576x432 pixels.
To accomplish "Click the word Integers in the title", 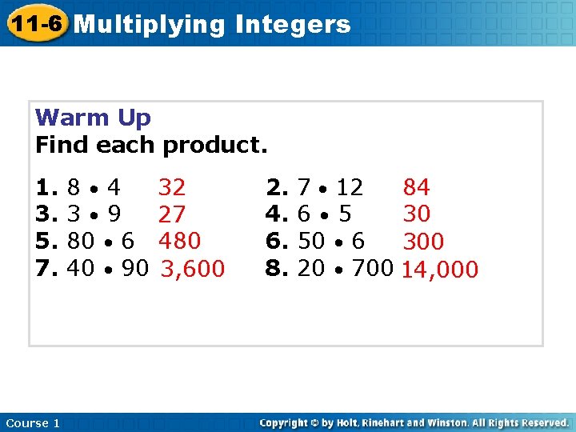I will [293, 25].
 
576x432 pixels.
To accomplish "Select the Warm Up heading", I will [93, 118].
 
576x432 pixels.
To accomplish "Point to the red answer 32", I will [172, 188].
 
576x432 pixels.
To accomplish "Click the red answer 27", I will [172, 214].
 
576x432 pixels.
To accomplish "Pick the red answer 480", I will [179, 241].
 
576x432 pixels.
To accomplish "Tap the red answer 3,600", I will [193, 269].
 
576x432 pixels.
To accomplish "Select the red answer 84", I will [416, 188].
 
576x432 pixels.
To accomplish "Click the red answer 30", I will [416, 214].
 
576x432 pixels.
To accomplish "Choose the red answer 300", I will [423, 242].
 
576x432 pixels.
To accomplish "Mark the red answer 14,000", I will [440, 270].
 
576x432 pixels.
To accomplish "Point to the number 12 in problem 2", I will [349, 188].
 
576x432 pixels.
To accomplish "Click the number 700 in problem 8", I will [372, 268].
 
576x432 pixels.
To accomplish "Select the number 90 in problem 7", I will [134, 268].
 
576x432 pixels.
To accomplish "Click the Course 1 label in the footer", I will [32, 423].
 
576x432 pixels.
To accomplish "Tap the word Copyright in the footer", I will [286, 422].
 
